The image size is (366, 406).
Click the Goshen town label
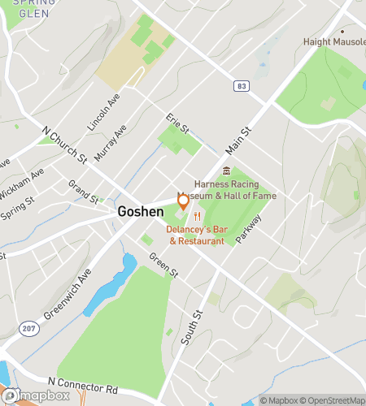(x=141, y=211)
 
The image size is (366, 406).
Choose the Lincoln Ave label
(x=103, y=116)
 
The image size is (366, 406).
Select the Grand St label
(x=83, y=192)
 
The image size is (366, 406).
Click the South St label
(x=192, y=326)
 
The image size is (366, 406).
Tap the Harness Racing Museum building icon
(x=227, y=171)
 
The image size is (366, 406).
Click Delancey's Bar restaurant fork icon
(x=197, y=216)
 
